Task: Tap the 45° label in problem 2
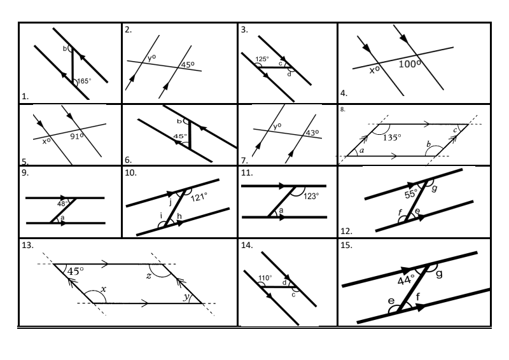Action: point(188,64)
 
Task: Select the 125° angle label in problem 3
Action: point(261,59)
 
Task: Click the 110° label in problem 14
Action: point(265,278)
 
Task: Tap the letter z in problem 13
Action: point(148,275)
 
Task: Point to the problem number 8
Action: point(344,109)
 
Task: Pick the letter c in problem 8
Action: point(455,131)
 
